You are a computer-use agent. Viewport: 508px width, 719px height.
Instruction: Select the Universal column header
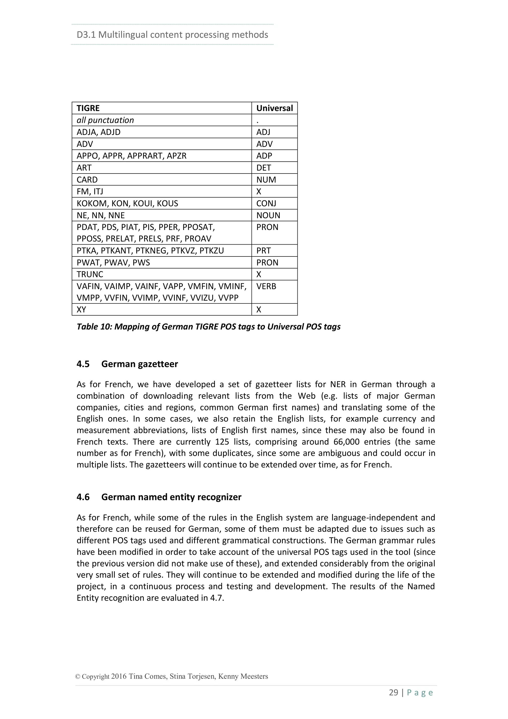coord(274,108)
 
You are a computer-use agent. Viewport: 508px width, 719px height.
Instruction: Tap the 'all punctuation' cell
coord(105,120)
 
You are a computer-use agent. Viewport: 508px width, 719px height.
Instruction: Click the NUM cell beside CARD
coord(266,180)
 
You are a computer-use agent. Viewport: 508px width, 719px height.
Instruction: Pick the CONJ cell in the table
coord(266,204)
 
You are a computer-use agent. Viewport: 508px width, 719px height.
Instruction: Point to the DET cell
coord(264,168)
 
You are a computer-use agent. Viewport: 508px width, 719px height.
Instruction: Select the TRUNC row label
coord(90,274)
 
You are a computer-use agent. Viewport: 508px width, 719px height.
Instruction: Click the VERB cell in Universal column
coord(266,286)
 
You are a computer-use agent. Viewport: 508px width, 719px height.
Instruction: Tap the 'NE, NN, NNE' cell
coord(100,216)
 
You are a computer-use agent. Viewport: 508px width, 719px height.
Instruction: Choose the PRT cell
coord(263,251)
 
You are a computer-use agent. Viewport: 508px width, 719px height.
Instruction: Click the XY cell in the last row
coord(81,310)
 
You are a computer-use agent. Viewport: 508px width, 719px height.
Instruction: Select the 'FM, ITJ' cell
coord(90,192)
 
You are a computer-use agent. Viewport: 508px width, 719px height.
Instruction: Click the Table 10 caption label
coord(208,327)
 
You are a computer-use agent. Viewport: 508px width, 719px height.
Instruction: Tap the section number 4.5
coord(83,364)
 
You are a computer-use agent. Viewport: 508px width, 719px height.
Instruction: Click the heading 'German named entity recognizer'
coord(171,497)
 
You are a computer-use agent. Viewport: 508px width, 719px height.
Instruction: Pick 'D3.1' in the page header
coord(86,35)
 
